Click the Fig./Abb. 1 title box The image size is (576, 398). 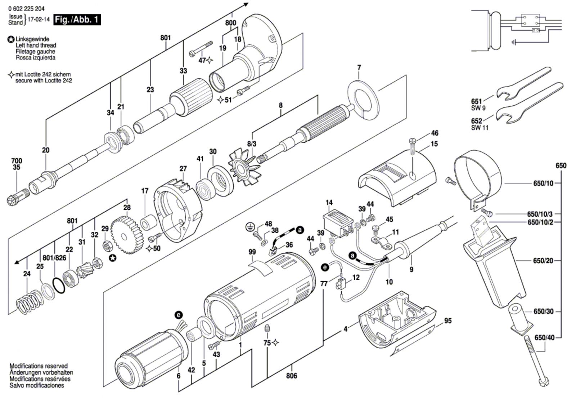77,20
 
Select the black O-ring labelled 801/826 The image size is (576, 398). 59,285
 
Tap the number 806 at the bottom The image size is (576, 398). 292,376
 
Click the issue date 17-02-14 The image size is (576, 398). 39,19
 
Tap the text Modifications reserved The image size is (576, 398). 39,366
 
